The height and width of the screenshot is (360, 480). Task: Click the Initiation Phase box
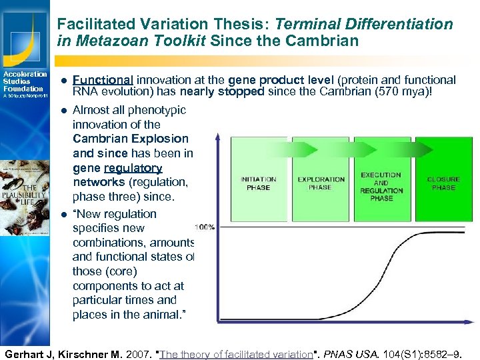click(259, 180)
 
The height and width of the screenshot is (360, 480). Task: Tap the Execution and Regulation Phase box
click(382, 180)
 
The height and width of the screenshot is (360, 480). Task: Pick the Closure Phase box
click(443, 180)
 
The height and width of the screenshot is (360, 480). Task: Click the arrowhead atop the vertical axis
click(218, 137)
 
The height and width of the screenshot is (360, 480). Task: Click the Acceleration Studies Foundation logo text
click(24, 82)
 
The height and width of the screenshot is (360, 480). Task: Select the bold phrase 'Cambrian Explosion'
click(131, 139)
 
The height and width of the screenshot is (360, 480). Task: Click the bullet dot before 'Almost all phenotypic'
click(63, 110)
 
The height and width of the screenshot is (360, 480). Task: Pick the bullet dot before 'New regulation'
click(63, 214)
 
